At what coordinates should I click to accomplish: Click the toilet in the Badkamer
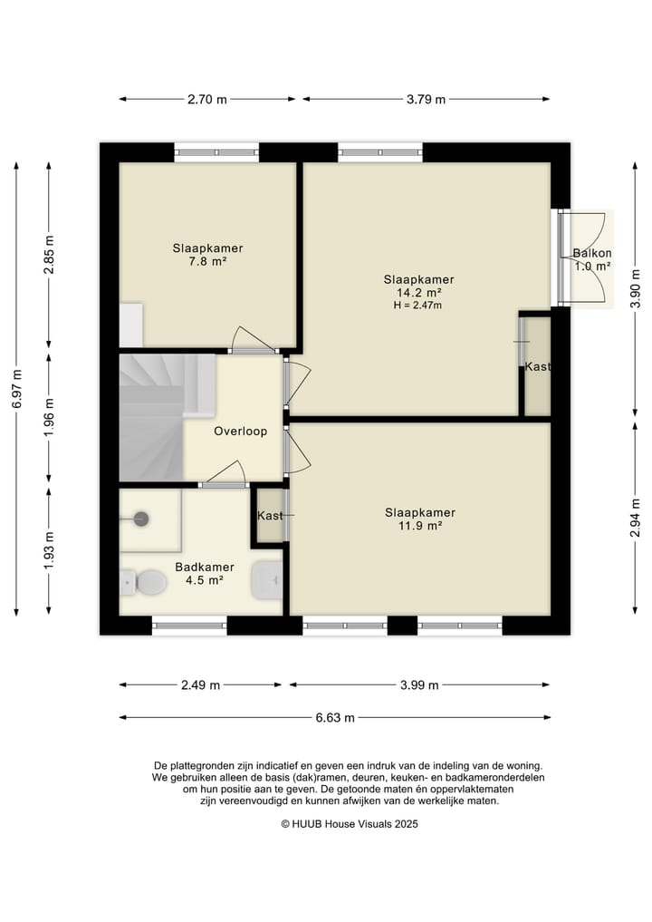pyautogui.click(x=143, y=582)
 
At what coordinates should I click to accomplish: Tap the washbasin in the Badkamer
pyautogui.click(x=267, y=580)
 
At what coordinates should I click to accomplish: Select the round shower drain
pyautogui.click(x=141, y=519)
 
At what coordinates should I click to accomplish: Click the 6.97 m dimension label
pyautogui.click(x=16, y=389)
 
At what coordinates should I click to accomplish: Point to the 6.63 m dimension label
pyautogui.click(x=335, y=717)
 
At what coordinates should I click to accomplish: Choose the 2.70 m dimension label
pyautogui.click(x=207, y=100)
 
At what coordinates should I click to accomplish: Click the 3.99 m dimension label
pyautogui.click(x=419, y=685)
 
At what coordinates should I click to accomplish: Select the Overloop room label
pyautogui.click(x=240, y=431)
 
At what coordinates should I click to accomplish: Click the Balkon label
pyautogui.click(x=592, y=253)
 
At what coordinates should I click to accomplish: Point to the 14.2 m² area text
pyautogui.click(x=418, y=292)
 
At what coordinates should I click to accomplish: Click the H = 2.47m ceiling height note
pyautogui.click(x=417, y=306)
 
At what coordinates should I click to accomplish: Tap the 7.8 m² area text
pyautogui.click(x=207, y=261)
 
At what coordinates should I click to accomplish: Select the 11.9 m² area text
pyautogui.click(x=420, y=526)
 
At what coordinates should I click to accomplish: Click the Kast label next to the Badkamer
pyautogui.click(x=270, y=516)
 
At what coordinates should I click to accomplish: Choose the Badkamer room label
pyautogui.click(x=205, y=567)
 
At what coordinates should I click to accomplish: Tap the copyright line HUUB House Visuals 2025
pyautogui.click(x=350, y=824)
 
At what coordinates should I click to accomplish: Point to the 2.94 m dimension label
pyautogui.click(x=635, y=518)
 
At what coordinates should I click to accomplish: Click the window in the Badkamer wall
pyautogui.click(x=190, y=626)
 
